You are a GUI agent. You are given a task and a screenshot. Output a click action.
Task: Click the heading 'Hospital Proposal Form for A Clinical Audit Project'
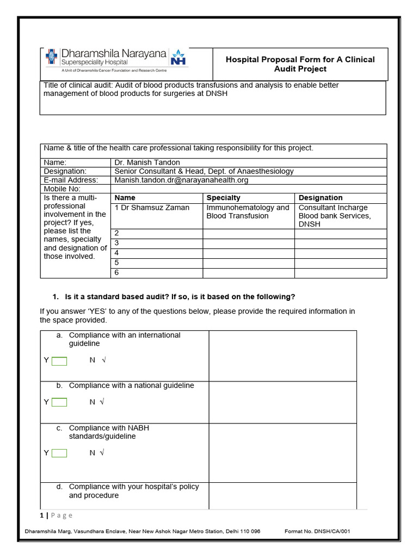(x=300, y=64)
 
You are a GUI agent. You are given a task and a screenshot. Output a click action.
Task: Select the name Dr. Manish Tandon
(x=146, y=162)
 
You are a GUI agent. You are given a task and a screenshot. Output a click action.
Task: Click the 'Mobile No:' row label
(x=62, y=189)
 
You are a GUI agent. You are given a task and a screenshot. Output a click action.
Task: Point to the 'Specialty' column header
(x=223, y=198)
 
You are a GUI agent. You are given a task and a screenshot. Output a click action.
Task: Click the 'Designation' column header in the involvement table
(x=321, y=198)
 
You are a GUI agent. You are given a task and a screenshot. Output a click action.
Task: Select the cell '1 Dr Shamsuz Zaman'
(x=144, y=208)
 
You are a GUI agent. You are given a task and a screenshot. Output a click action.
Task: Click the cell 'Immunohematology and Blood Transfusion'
(x=248, y=212)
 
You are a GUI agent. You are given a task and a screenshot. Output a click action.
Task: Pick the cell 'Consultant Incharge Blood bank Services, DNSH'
(x=335, y=216)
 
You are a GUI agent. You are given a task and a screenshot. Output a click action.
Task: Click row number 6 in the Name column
(x=116, y=272)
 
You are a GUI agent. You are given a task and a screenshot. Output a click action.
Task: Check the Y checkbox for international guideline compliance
(x=59, y=361)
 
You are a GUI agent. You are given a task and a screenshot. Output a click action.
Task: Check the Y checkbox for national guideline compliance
(x=59, y=402)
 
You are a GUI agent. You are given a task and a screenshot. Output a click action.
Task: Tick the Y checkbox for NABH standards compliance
(x=59, y=453)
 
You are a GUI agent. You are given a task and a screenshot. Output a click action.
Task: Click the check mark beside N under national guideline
(x=102, y=402)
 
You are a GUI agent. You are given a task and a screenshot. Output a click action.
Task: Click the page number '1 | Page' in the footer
(x=56, y=515)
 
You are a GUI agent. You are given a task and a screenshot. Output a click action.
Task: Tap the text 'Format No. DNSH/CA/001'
(x=321, y=531)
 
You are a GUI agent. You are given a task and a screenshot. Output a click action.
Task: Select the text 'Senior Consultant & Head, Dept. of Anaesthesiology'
(x=204, y=171)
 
